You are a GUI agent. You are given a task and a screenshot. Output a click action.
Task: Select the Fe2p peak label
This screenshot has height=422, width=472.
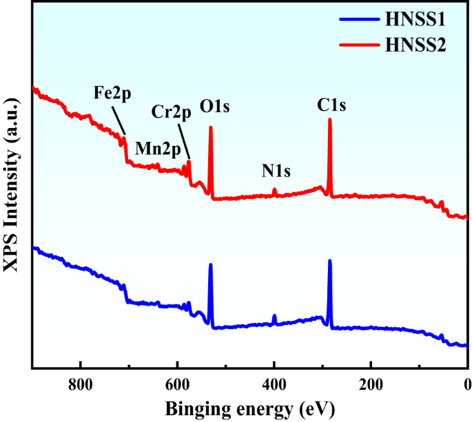[x=112, y=92]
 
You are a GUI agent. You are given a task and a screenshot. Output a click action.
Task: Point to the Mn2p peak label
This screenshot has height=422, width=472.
[x=158, y=147]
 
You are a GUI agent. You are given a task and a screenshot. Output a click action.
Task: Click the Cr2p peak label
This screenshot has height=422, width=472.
[x=171, y=112]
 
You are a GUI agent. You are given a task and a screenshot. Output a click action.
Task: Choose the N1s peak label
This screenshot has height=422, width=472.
[x=276, y=170]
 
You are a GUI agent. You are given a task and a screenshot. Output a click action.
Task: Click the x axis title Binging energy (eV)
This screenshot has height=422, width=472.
[x=249, y=408]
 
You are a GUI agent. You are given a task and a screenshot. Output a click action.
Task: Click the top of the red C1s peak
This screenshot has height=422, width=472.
[x=330, y=120]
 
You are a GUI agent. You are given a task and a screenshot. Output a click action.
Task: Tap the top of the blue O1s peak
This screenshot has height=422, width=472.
[x=211, y=265]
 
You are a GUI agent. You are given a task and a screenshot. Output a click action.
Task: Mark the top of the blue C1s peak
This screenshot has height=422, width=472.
[x=330, y=261]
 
